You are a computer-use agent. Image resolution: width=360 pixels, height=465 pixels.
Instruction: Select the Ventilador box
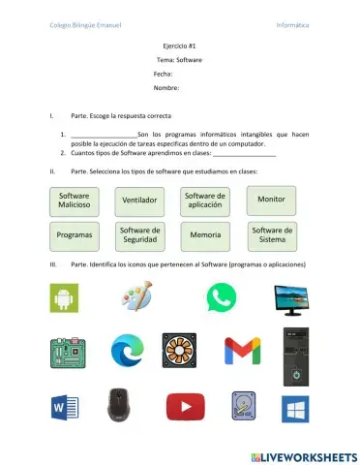140,201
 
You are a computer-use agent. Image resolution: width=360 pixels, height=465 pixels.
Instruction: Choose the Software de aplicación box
205,201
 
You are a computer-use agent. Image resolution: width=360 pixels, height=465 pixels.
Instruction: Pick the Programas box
74,234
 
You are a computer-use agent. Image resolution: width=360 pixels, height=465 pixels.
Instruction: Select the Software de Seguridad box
140,234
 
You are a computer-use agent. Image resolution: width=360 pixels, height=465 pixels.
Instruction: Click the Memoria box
205,234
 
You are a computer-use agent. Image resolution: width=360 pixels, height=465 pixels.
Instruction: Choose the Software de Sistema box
272,234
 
